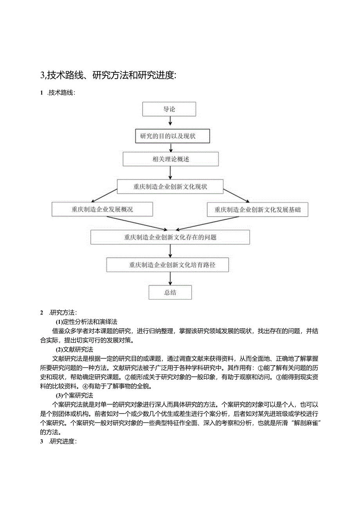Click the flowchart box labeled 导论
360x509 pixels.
click(x=169, y=109)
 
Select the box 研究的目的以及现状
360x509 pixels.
click(x=173, y=136)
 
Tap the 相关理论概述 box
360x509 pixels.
click(x=171, y=159)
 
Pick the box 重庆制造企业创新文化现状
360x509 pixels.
click(x=170, y=187)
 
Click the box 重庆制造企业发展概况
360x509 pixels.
click(x=102, y=209)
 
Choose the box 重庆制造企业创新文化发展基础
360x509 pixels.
click(x=257, y=209)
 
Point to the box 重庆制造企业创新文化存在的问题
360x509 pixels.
click(x=170, y=237)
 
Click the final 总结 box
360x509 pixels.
click(x=170, y=292)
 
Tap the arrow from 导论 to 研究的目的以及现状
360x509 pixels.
click(x=170, y=123)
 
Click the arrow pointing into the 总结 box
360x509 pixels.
click(x=170, y=279)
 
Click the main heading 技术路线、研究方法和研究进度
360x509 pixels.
click(x=108, y=75)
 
